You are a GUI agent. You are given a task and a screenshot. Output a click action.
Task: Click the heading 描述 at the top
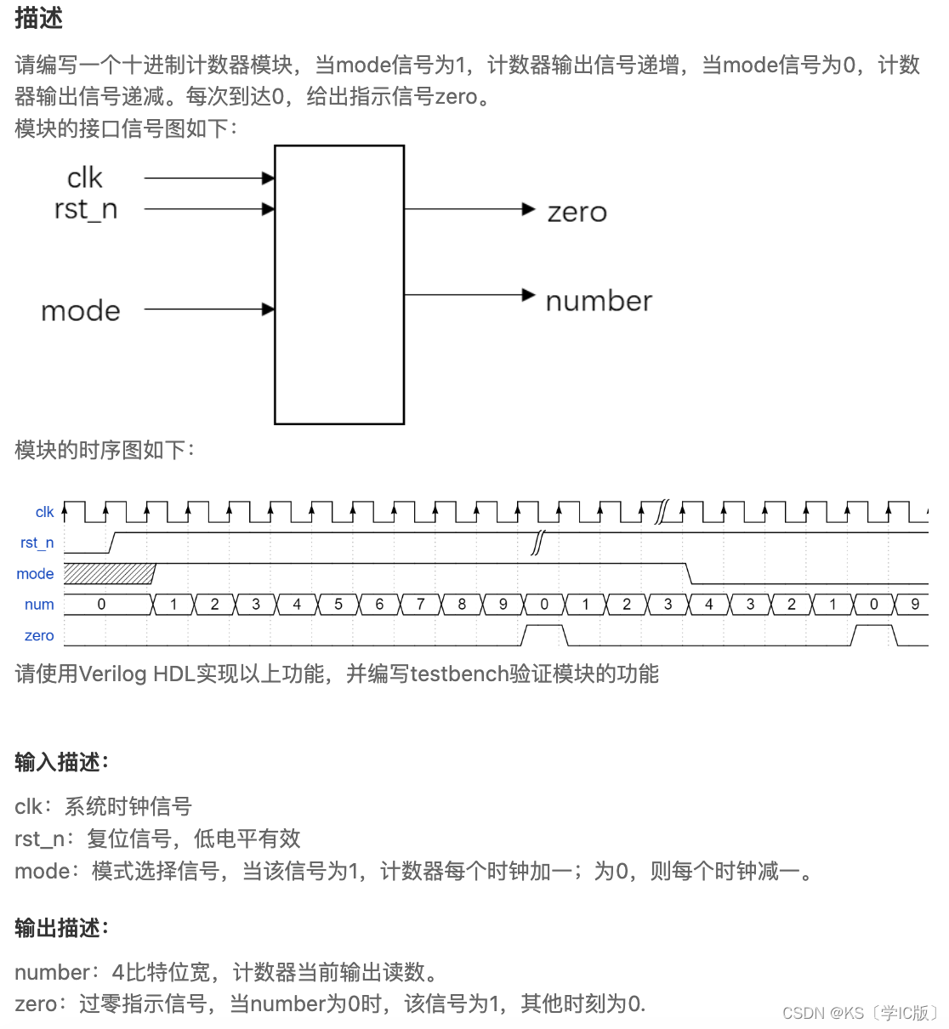tap(38, 18)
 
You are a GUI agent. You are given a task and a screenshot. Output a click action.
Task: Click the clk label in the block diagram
tap(84, 178)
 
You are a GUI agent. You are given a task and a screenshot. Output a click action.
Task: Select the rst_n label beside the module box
tap(85, 209)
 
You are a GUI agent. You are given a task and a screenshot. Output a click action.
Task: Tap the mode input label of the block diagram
tap(81, 311)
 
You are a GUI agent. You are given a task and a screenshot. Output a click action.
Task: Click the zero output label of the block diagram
tap(577, 213)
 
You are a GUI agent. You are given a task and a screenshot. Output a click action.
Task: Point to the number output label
tap(599, 301)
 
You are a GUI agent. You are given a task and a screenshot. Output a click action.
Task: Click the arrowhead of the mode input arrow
tap(269, 310)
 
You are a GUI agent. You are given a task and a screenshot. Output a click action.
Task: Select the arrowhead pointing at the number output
tap(529, 295)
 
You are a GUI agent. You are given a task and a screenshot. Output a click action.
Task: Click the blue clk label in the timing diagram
tap(44, 512)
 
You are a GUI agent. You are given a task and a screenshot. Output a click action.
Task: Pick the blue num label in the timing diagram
tap(39, 605)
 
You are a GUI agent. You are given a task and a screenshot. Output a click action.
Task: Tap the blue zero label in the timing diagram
tap(39, 635)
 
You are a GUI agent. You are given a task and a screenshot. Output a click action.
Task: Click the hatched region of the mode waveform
tap(109, 573)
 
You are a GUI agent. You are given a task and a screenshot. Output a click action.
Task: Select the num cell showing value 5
tap(338, 605)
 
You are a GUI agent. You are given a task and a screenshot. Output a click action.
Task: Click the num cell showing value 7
tap(420, 605)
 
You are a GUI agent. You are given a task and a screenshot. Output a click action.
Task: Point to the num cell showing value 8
tap(462, 605)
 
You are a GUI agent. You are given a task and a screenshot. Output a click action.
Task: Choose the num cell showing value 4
tap(297, 605)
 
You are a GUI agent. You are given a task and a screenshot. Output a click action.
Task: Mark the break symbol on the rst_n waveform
tap(537, 543)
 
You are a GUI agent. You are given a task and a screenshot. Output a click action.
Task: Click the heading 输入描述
tap(61, 762)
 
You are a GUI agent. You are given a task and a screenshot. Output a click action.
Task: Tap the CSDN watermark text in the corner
tap(859, 1012)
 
